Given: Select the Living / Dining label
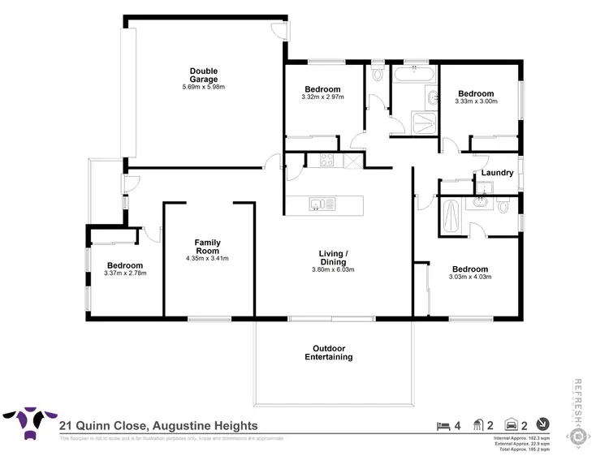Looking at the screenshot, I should point(333,258).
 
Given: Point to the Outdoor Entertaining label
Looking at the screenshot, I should point(328,353).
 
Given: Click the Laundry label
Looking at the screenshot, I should point(496,173).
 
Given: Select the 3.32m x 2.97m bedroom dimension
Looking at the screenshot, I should point(322,97).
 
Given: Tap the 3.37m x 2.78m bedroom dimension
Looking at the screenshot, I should point(125,273).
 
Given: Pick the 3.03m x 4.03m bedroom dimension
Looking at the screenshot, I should point(470,277).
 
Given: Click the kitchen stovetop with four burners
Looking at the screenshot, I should point(327,161).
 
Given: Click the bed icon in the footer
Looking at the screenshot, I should point(443,424).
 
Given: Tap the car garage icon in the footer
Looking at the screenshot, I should point(512,424).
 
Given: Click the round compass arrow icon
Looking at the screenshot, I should point(542,424).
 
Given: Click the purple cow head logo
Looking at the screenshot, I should point(28,424).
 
